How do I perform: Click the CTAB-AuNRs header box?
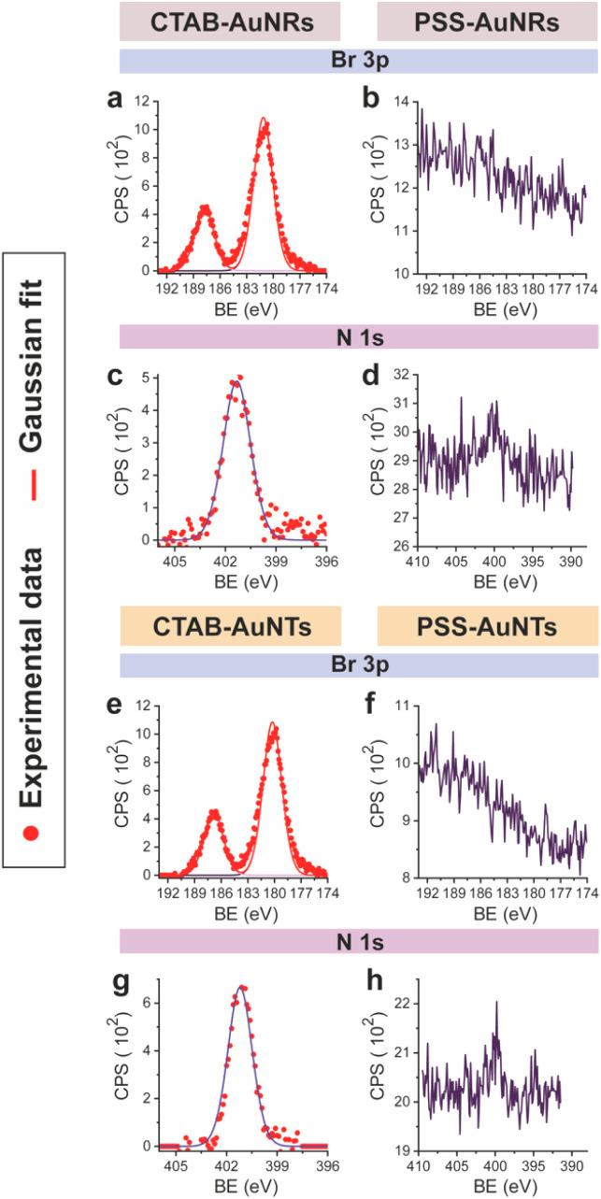tap(229, 21)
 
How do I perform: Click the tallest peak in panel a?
tap(265, 120)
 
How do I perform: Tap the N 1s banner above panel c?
tap(358, 336)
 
